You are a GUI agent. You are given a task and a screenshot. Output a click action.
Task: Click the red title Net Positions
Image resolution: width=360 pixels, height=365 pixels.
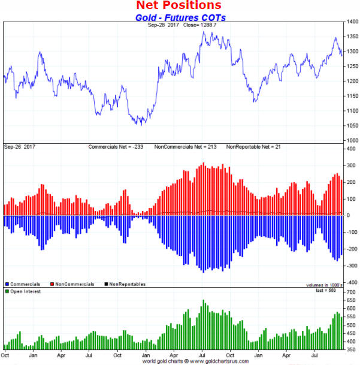179,6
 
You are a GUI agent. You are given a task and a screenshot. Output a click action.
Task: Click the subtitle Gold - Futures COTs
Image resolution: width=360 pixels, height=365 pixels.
179,17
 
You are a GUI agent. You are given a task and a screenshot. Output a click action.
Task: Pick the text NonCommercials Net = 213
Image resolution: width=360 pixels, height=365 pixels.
187,147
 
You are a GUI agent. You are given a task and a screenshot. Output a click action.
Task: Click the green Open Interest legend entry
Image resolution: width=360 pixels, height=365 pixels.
25,291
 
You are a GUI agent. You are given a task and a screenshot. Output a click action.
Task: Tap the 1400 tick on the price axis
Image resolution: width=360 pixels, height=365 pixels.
351,22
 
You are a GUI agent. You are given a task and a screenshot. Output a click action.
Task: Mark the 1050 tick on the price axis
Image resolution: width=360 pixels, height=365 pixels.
351,126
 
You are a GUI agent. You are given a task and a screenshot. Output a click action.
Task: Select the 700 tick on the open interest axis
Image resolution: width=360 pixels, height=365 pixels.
349,291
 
